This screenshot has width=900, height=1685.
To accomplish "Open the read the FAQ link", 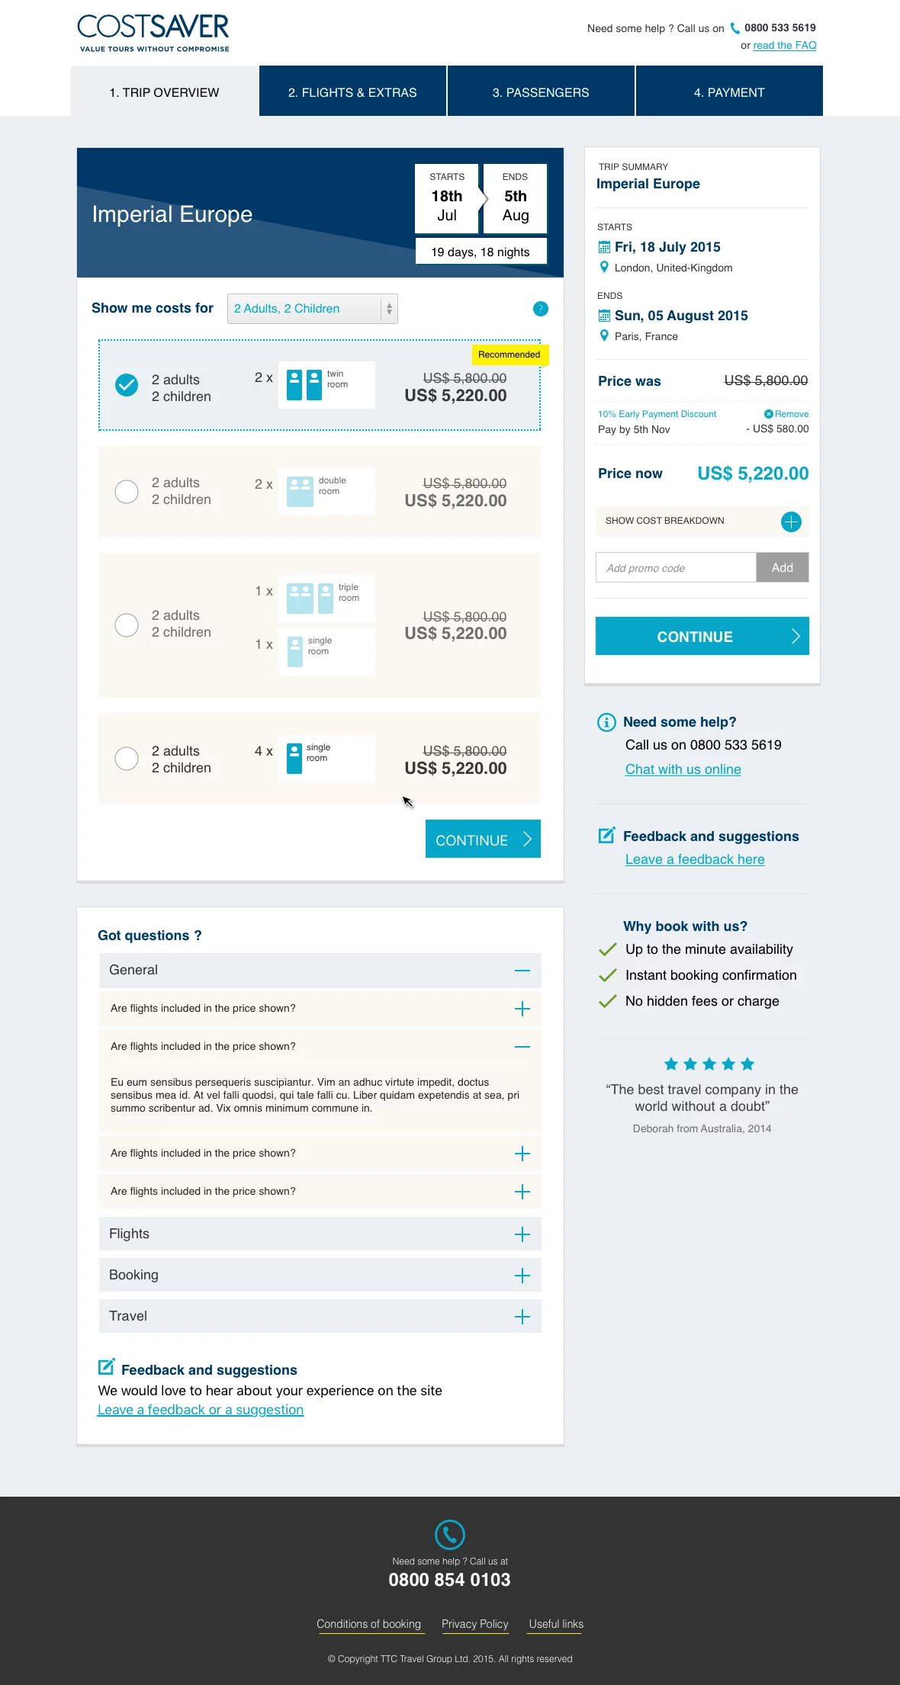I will (x=784, y=46).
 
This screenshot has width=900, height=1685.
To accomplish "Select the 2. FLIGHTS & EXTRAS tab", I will (x=352, y=92).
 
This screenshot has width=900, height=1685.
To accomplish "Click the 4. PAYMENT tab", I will (x=728, y=92).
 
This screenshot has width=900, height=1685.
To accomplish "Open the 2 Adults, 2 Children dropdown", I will (x=312, y=309).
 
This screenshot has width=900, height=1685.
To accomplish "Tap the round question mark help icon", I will (x=540, y=309).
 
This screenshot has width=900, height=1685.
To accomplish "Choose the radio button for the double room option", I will (x=127, y=492).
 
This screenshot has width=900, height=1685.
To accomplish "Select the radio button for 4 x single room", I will (x=127, y=759).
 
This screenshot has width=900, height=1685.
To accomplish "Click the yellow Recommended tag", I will (x=509, y=355).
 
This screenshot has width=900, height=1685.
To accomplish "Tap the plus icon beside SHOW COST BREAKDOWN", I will (x=791, y=522).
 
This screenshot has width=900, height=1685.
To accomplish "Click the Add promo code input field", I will (x=676, y=568).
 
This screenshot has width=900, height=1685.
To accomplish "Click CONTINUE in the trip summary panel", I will (x=702, y=637).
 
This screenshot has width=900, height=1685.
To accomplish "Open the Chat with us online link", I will (x=683, y=769).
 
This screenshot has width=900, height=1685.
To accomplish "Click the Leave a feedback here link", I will (x=694, y=859).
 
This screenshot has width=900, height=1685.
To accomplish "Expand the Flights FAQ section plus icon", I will (x=522, y=1234).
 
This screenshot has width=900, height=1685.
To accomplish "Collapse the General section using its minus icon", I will (x=522, y=971).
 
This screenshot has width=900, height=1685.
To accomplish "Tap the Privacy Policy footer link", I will (x=474, y=1624).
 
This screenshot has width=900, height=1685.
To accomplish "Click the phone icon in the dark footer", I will (x=450, y=1534).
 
